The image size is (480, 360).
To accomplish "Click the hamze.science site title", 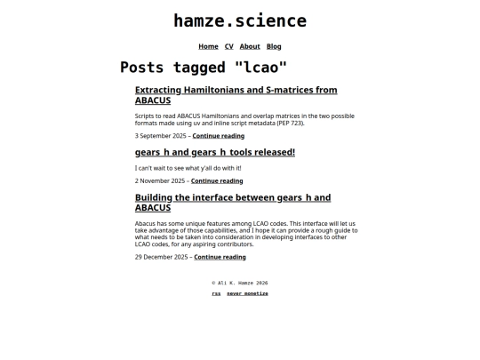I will [x=240, y=21].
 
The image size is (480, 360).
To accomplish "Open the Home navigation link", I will [x=208, y=46].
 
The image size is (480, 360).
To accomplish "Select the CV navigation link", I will [x=228, y=46].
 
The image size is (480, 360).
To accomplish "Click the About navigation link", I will [x=250, y=46].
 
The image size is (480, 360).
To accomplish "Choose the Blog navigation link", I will [x=274, y=46].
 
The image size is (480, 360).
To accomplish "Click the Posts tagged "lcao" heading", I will [x=204, y=68].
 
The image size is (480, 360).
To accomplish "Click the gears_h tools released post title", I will [x=214, y=152].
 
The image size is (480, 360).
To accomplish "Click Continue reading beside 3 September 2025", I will [x=218, y=136].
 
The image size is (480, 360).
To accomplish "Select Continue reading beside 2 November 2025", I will [x=217, y=180].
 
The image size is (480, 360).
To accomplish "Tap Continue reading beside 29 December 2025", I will [x=220, y=257].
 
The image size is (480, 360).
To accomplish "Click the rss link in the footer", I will [x=216, y=293].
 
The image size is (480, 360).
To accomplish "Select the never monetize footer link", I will [x=247, y=293].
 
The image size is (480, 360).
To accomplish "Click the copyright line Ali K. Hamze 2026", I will [x=240, y=283].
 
